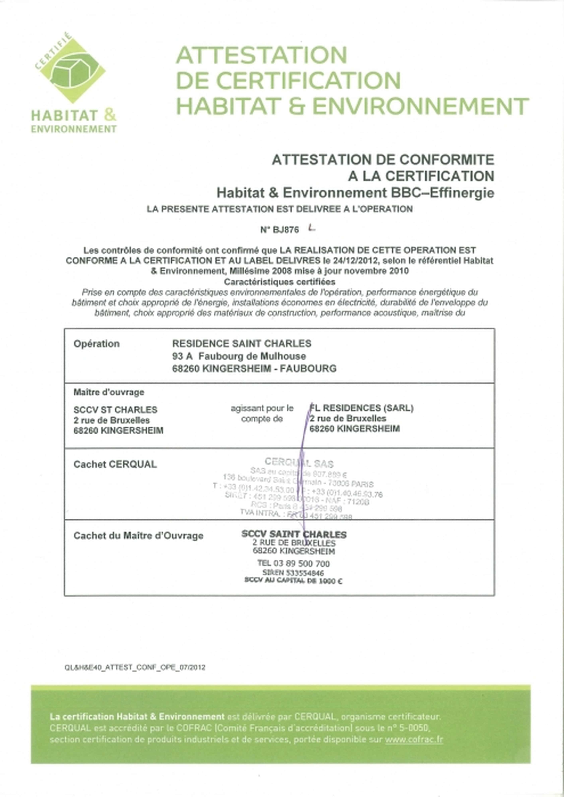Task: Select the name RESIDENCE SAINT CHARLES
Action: coord(242,344)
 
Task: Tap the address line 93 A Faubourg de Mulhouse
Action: coord(239,356)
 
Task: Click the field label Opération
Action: coord(96,344)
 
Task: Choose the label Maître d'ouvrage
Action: coord(109,392)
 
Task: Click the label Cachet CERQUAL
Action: coord(115,464)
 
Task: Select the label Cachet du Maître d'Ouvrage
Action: coord(138,536)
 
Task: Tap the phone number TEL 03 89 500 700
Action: coord(293,563)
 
